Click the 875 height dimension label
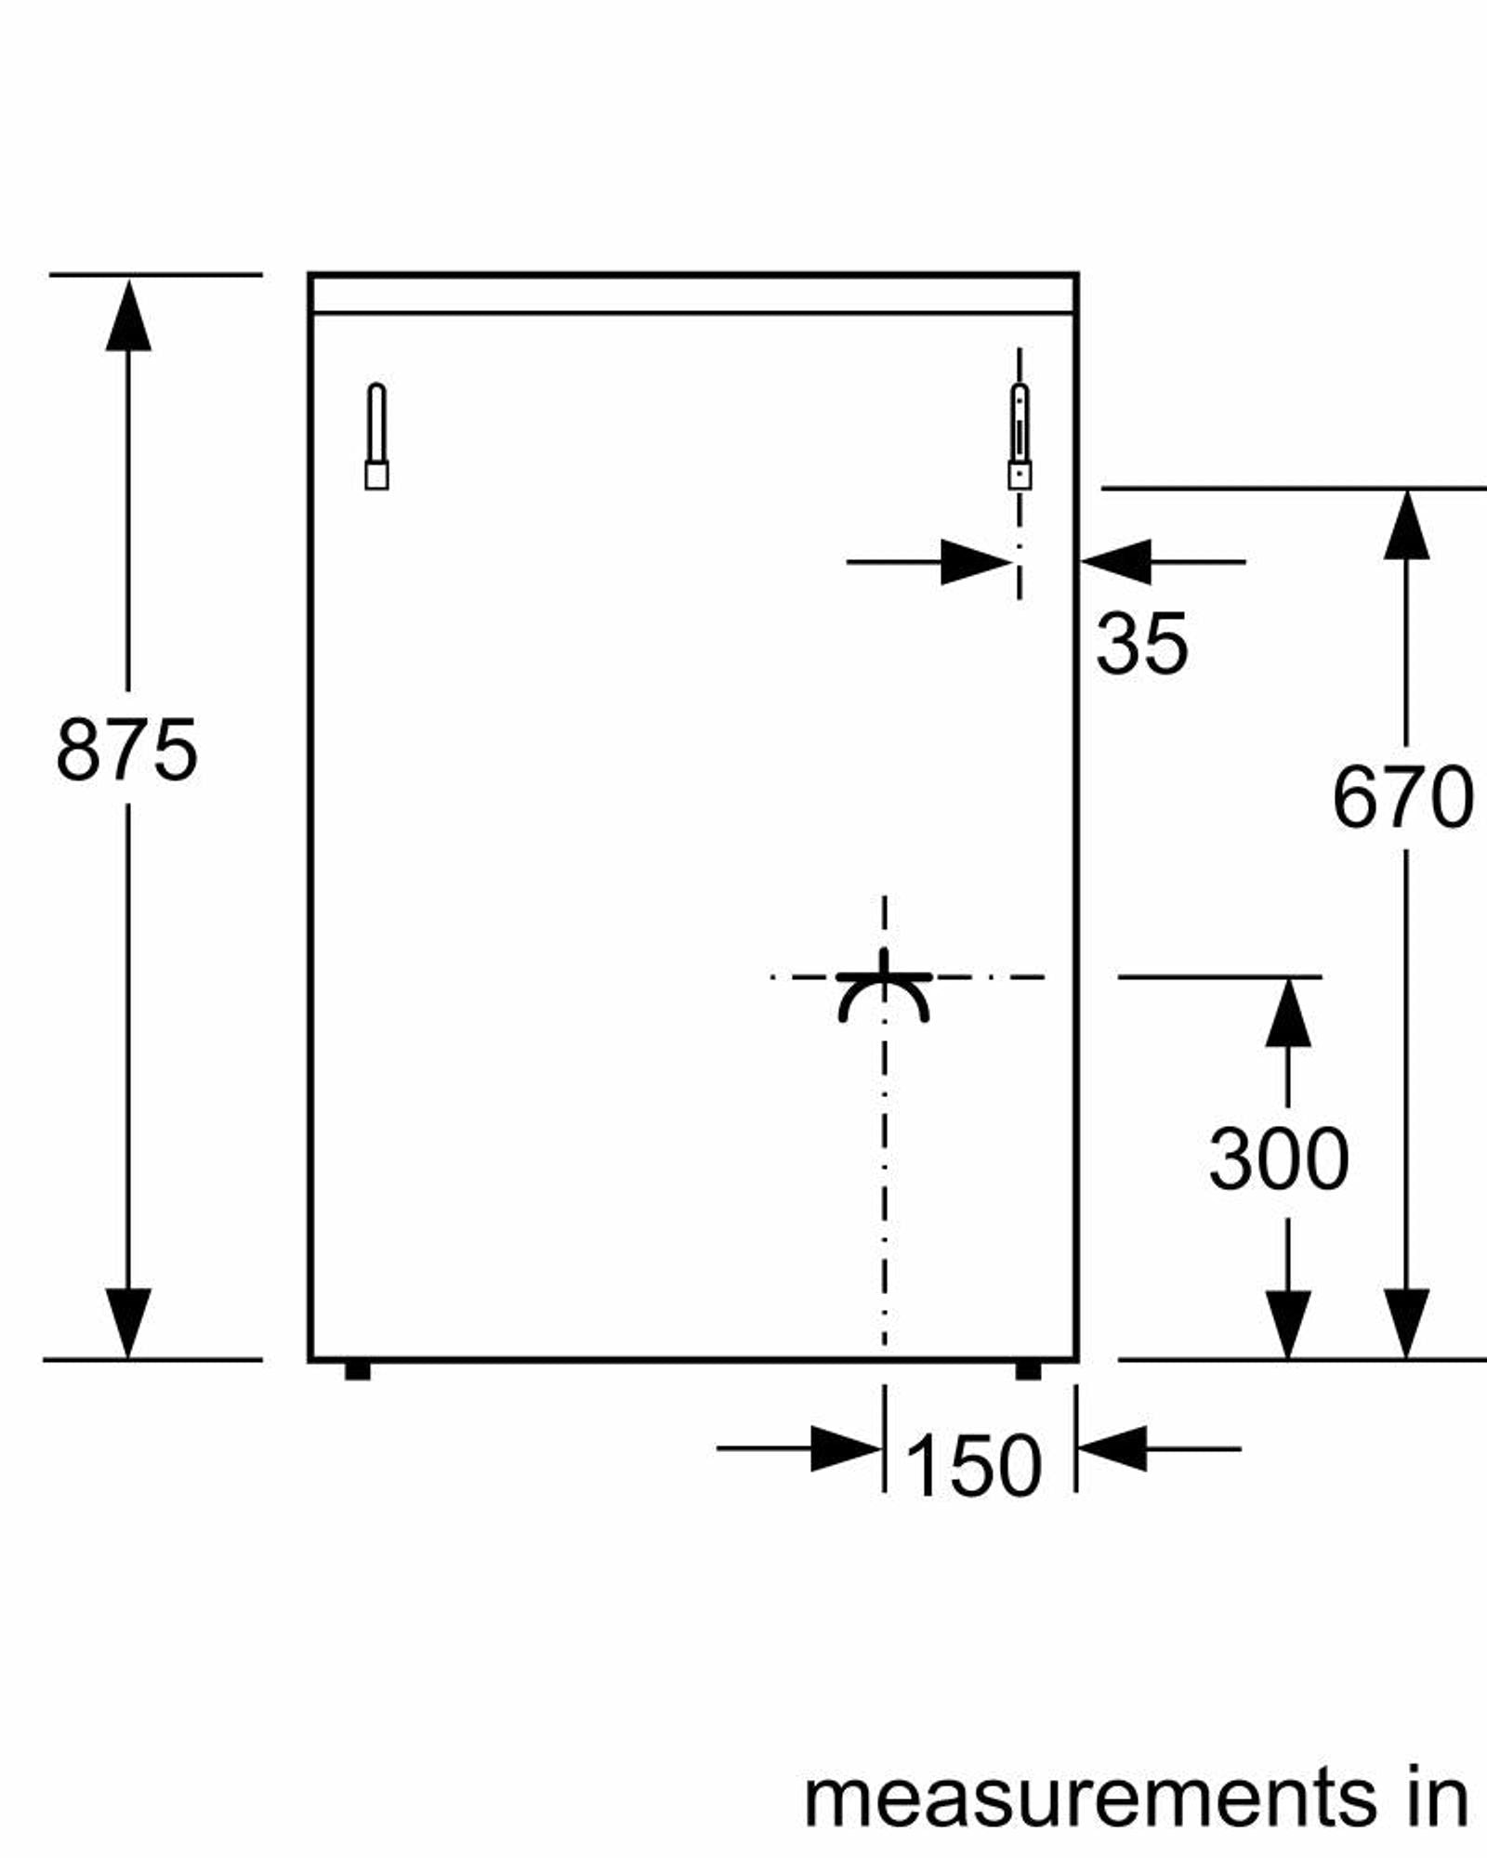point(126,749)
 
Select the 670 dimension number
point(1402,796)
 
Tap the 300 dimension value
point(1279,1158)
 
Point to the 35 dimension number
point(1141,643)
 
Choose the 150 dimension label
point(972,1465)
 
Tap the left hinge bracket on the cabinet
point(375,437)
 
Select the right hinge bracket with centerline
point(1020,437)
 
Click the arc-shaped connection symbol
point(884,994)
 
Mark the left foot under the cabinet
point(358,1370)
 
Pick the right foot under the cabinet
point(1028,1370)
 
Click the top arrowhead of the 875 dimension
point(128,316)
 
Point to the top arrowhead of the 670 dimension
point(1406,526)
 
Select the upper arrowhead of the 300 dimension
point(1288,1014)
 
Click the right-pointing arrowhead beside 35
point(976,562)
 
